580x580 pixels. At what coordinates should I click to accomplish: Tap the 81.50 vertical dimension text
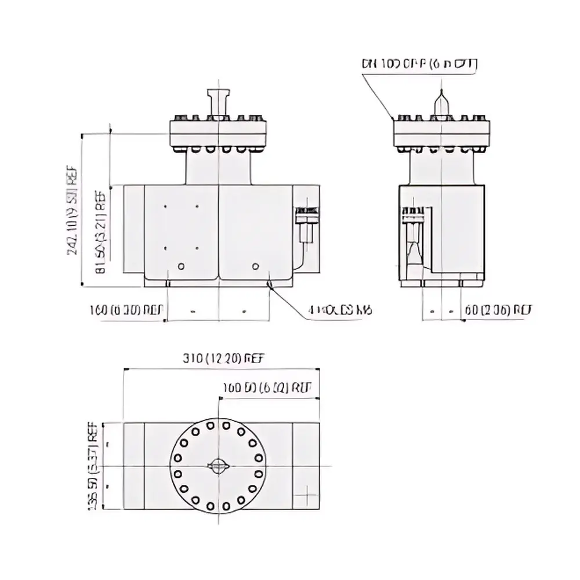point(100,232)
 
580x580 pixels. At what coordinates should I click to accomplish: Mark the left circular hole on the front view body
point(182,266)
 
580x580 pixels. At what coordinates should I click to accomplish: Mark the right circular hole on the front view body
point(255,266)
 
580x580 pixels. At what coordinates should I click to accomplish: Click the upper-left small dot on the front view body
point(166,206)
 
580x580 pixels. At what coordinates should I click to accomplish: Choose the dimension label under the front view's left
point(127,310)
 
